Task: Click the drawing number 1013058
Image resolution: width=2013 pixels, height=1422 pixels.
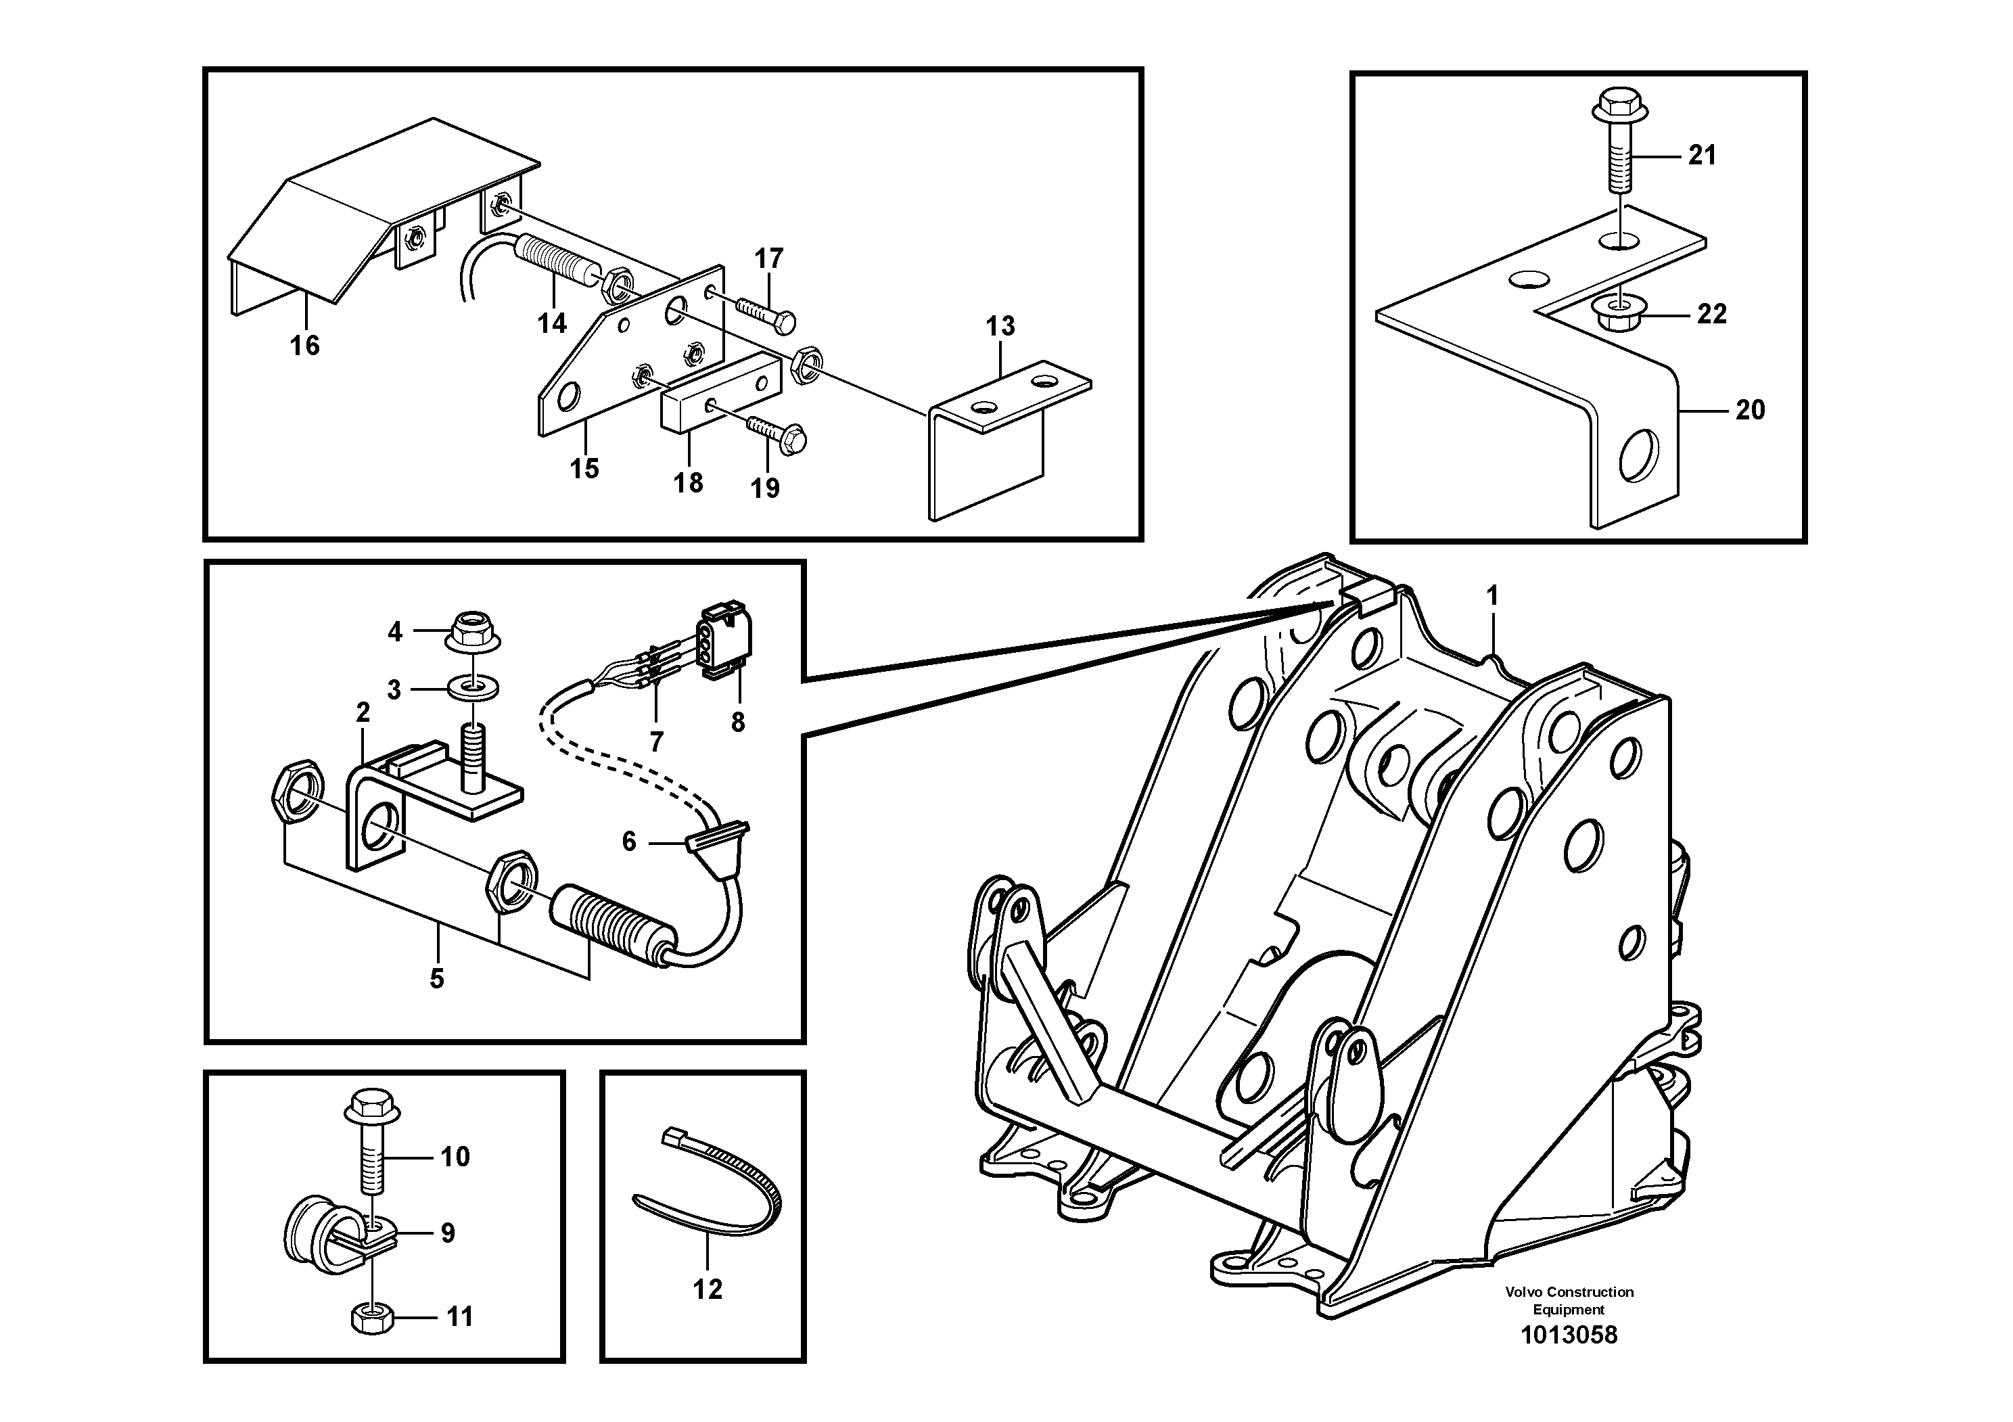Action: pyautogui.click(x=1569, y=1335)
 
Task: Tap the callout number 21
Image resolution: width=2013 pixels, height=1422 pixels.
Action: pyautogui.click(x=1702, y=155)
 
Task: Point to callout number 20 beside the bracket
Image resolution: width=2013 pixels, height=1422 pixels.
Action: pyautogui.click(x=1750, y=409)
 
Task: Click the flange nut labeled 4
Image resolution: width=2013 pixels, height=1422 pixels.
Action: pyautogui.click(x=474, y=631)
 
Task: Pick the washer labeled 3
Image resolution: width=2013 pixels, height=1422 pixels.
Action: pyautogui.click(x=473, y=689)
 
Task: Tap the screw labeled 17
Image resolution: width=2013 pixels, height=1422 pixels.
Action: pyautogui.click(x=769, y=312)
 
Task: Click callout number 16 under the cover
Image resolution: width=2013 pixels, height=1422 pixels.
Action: pyautogui.click(x=305, y=346)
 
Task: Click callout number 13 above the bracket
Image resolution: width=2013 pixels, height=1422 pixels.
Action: pyautogui.click(x=1000, y=326)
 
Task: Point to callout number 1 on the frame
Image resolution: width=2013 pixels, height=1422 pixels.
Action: pyautogui.click(x=1492, y=596)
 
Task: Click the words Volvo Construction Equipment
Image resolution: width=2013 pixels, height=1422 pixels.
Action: pyautogui.click(x=1569, y=1300)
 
